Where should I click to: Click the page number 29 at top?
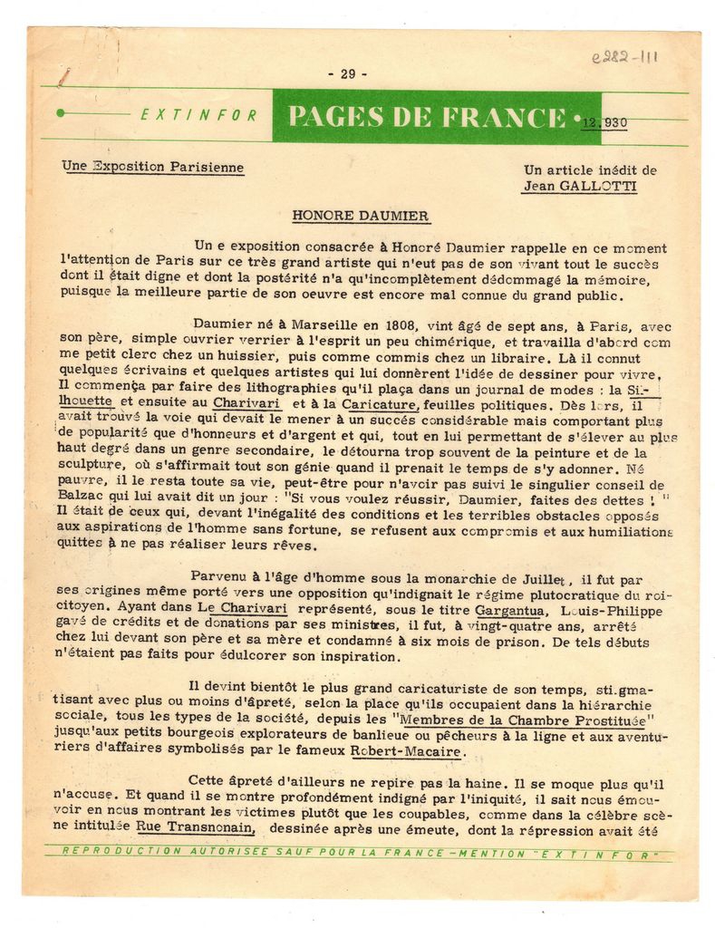coord(347,74)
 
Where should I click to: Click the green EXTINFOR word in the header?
coord(199,115)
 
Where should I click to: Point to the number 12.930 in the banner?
coord(605,121)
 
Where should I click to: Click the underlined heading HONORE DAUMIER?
coord(360,216)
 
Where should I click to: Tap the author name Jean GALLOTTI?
coord(578,186)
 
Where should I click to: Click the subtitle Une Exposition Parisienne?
coord(152,167)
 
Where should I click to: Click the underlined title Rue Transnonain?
coord(194,826)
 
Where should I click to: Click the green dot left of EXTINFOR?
coord(60,113)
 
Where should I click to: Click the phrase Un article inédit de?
coord(590,169)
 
